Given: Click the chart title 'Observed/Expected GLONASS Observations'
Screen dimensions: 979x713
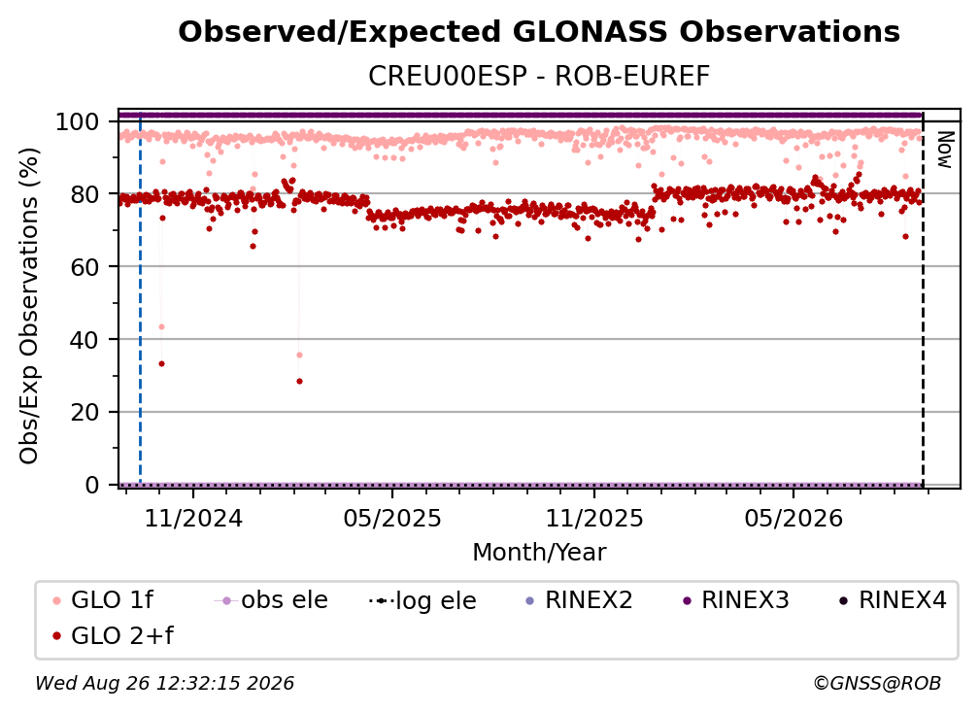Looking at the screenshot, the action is click(x=539, y=32).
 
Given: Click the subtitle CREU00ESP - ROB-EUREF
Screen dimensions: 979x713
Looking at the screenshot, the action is click(x=539, y=77).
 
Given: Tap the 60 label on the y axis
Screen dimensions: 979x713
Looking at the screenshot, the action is click(x=84, y=266).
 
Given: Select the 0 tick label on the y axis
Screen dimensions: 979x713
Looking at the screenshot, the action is click(x=92, y=485).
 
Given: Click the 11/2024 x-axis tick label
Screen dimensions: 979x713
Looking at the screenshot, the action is click(x=193, y=519).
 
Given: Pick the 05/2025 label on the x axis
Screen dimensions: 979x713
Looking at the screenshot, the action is click(x=392, y=519).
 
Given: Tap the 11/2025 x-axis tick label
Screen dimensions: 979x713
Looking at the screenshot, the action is click(x=594, y=519).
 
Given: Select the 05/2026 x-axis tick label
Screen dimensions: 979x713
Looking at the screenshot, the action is click(x=793, y=519).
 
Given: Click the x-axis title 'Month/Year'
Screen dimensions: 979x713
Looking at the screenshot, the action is click(x=539, y=553).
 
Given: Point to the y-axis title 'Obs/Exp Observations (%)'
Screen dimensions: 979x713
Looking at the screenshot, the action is click(x=29, y=306).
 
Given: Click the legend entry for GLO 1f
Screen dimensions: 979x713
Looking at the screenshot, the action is click(x=103, y=600).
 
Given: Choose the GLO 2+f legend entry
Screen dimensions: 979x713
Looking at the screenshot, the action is click(x=113, y=635).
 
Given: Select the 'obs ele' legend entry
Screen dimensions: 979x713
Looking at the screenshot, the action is click(x=271, y=600).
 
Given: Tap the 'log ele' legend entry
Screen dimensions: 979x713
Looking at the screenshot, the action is click(x=422, y=600).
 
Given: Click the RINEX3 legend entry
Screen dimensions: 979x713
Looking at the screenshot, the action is click(x=736, y=600).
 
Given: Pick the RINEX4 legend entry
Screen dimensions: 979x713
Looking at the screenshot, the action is click(x=893, y=600).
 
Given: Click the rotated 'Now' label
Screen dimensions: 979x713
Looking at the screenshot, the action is click(x=945, y=150).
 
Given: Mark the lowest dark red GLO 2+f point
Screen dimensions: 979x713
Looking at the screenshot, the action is click(x=300, y=382).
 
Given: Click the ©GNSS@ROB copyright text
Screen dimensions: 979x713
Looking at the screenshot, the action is click(x=877, y=684).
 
